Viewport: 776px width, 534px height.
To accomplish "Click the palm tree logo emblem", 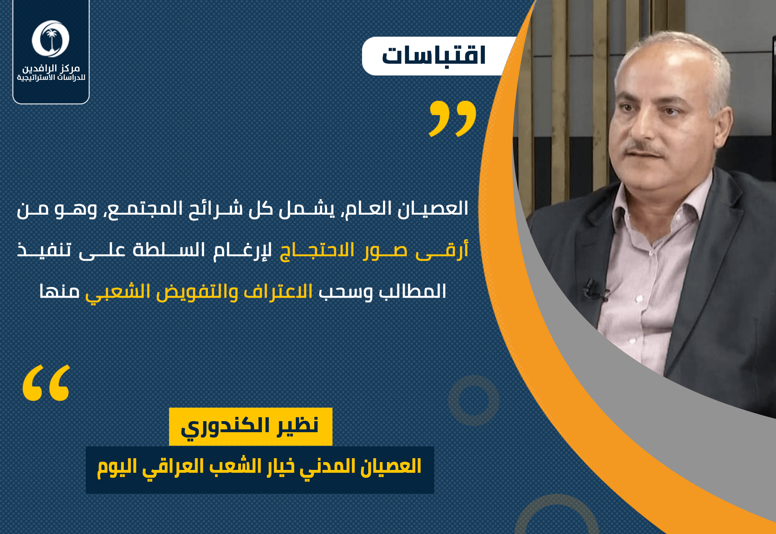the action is pyautogui.click(x=51, y=39).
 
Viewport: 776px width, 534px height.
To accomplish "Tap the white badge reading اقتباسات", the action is pyautogui.click(x=438, y=56).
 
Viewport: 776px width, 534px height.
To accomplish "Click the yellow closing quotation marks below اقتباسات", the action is pyautogui.click(x=452, y=119).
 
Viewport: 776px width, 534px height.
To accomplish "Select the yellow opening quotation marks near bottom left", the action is pyautogui.click(x=46, y=383).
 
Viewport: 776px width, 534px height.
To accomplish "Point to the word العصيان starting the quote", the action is pyautogui.click(x=432, y=209).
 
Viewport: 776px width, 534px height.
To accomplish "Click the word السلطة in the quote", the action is pyautogui.click(x=169, y=250).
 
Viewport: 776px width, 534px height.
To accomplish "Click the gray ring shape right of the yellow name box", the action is pyautogui.click(x=473, y=400).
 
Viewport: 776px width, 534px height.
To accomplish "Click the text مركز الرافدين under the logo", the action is pyautogui.click(x=51, y=68).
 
